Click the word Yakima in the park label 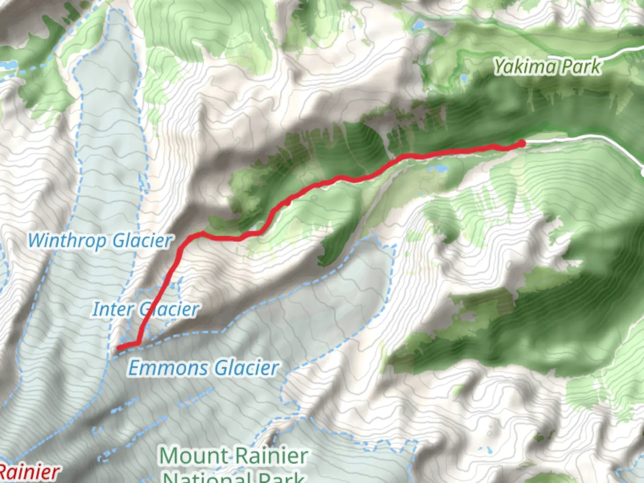point(525,67)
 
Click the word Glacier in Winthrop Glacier point(142,241)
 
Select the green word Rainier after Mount point(271,456)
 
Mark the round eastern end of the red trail point(521,143)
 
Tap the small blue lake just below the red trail point(438,169)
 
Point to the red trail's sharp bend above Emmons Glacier point(138,343)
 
